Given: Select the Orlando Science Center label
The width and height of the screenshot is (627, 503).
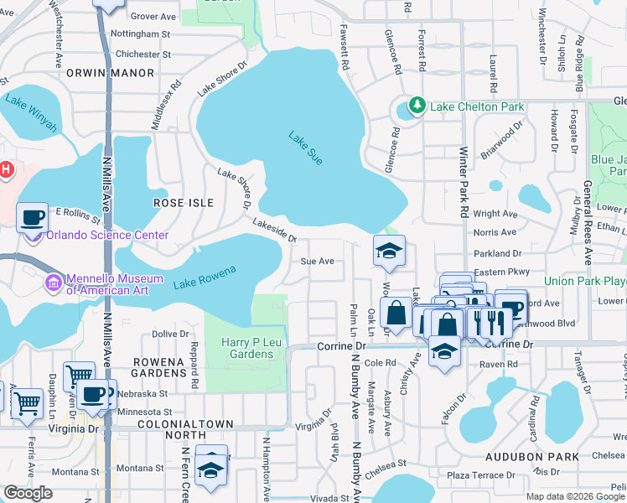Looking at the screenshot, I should pos(107,236).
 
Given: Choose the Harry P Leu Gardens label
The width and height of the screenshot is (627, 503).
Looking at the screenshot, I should pos(247,348).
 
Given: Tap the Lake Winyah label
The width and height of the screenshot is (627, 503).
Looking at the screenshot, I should pos(31,114).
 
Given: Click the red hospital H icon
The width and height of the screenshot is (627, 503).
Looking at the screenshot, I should pos(7,170).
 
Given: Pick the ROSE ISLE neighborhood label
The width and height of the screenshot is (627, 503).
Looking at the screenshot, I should pos(184,203).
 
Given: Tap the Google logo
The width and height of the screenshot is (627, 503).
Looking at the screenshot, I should pos(28,493).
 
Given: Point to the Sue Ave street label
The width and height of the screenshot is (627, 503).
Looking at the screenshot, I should pos(318,261).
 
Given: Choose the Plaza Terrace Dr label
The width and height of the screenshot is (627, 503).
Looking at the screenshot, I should pos(480,475).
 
